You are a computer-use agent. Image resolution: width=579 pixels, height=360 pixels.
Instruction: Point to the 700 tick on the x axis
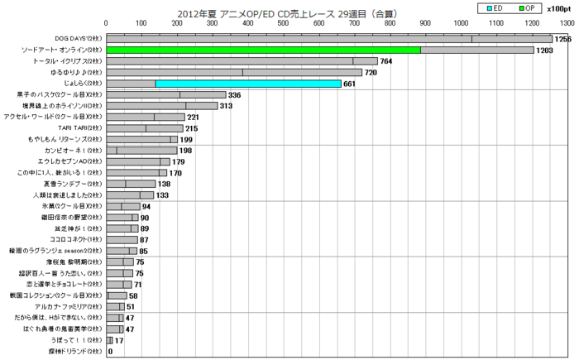(x=355, y=24)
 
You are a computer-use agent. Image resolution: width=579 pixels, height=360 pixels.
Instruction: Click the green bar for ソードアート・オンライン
(x=264, y=50)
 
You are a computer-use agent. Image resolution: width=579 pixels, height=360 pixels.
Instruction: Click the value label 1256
(x=563, y=39)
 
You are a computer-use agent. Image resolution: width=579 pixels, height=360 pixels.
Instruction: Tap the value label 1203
(x=545, y=50)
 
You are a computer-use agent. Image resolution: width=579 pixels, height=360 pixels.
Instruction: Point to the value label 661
(x=352, y=84)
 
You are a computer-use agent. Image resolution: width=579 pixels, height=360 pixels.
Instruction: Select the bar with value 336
(x=166, y=95)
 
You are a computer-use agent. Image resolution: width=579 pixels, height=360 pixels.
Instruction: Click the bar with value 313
(x=162, y=106)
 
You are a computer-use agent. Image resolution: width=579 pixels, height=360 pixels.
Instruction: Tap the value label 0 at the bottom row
(x=111, y=351)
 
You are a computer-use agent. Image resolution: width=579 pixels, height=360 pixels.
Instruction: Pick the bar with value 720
(x=234, y=72)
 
